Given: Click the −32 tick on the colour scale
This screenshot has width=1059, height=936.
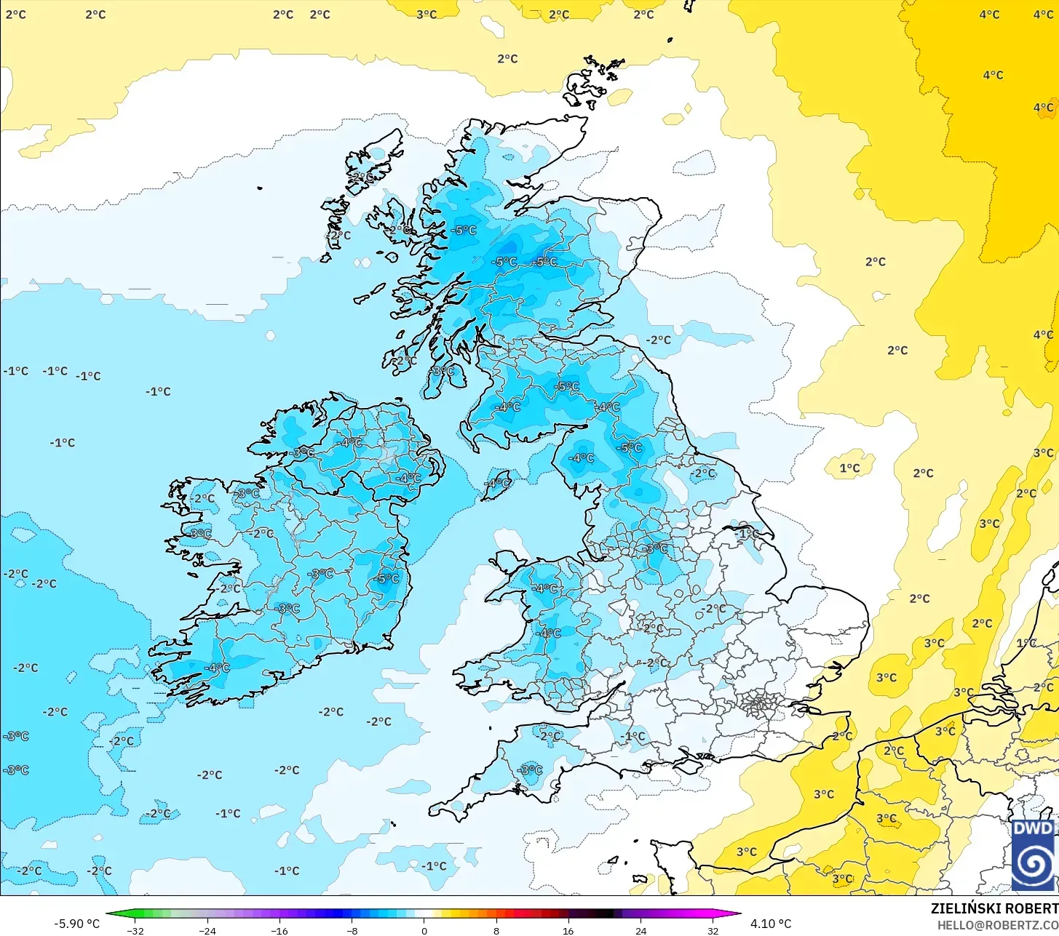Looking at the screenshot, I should click(135, 930).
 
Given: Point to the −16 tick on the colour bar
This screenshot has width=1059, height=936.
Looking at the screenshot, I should click(279, 930).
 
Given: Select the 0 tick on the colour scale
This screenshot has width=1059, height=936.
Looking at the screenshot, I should click(424, 930).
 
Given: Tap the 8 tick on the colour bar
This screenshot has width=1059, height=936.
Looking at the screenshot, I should click(496, 930).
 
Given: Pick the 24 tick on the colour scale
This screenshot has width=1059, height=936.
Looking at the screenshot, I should click(640, 930).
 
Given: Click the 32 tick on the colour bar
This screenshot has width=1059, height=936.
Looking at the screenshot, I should click(713, 930).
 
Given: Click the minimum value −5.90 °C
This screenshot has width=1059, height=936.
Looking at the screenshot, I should click(76, 924).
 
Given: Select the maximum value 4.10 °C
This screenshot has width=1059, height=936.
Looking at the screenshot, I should click(771, 924).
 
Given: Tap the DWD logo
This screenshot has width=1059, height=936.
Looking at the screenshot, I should click(1033, 855).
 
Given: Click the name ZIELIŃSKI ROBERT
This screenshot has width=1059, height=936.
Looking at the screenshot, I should click(994, 908).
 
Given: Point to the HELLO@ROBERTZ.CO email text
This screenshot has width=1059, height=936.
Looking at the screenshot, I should click(997, 925).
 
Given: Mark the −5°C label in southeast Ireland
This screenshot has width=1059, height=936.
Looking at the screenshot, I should click(387, 578).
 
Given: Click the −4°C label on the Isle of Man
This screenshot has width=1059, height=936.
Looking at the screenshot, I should click(498, 484).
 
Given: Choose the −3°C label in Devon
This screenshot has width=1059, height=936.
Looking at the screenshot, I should click(530, 770).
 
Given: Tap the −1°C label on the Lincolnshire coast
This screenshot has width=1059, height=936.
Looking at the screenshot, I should click(746, 533).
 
